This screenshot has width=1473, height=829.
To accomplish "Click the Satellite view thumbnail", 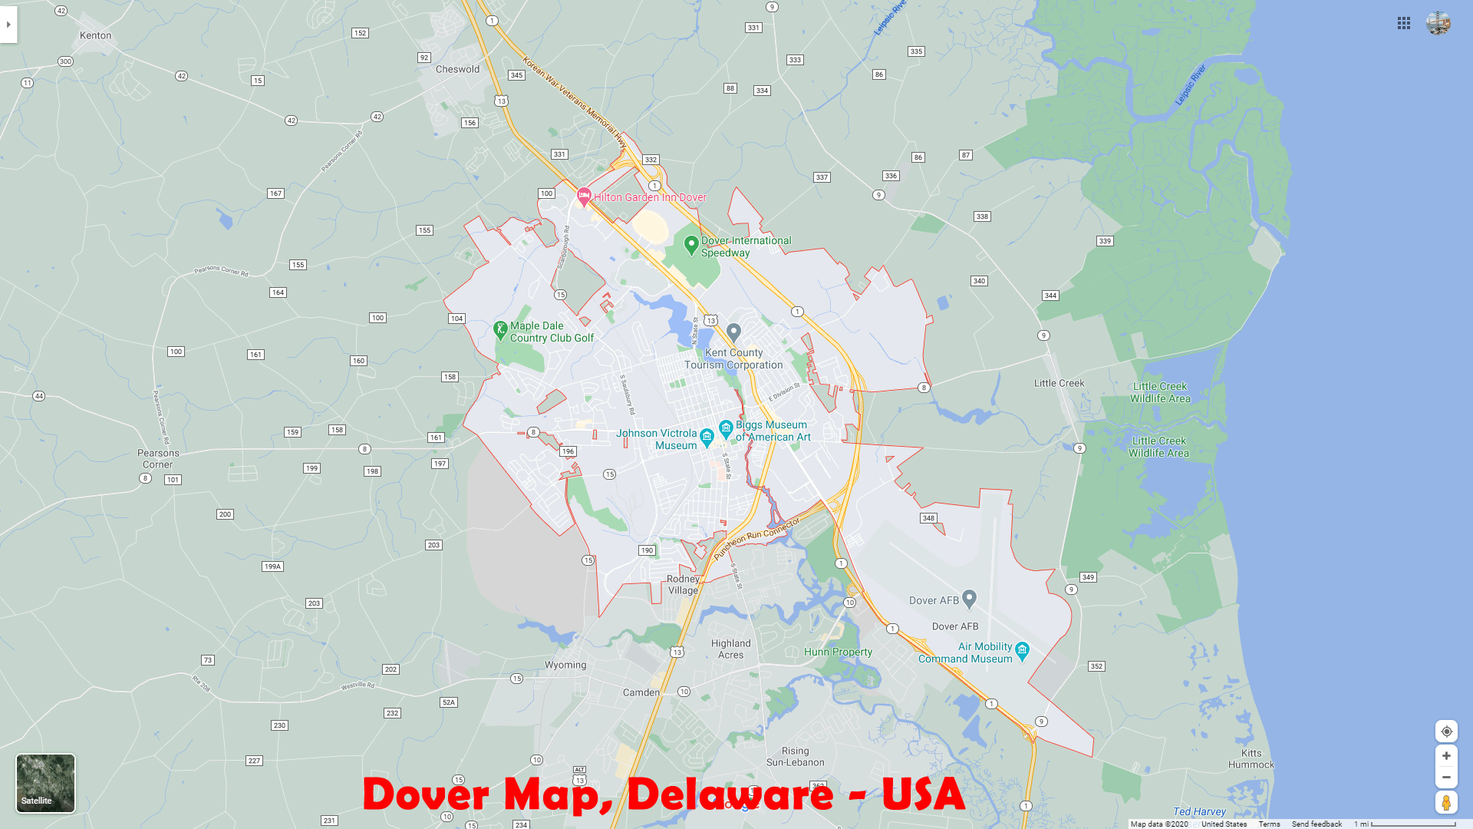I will pos(45,782).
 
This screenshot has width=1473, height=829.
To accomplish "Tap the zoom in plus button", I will pos(1446,756).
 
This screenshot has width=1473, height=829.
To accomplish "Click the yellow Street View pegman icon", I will pos(1446,802).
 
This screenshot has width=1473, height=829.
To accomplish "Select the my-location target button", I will pos(1446,732).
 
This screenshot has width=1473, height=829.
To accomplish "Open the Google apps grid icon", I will pos(1404,24).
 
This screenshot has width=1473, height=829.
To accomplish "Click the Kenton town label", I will pos(95,35).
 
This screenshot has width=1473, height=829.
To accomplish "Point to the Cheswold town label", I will pos(457,69).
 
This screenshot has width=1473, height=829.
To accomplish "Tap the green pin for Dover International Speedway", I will pos(691,245).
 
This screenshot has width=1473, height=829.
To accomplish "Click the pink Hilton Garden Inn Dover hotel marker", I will pos(584,197).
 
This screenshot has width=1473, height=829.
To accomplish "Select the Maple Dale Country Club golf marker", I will pos(500,330).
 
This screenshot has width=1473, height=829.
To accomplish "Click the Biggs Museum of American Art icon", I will pos(726,428).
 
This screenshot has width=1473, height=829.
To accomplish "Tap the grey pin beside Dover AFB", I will pos(969,598).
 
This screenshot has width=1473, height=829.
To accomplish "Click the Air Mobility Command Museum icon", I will pos(1022,651).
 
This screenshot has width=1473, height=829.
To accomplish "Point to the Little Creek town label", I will pos(1059,383).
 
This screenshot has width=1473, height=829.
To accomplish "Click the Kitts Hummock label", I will pos(1251,758).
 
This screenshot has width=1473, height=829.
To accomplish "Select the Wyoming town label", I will pos(565,665).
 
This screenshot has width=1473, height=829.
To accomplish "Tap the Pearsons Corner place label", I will pos(158,458).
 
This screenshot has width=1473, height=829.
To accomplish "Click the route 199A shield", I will pos(272,566).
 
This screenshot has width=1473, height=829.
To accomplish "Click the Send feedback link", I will pos(1316,824).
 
